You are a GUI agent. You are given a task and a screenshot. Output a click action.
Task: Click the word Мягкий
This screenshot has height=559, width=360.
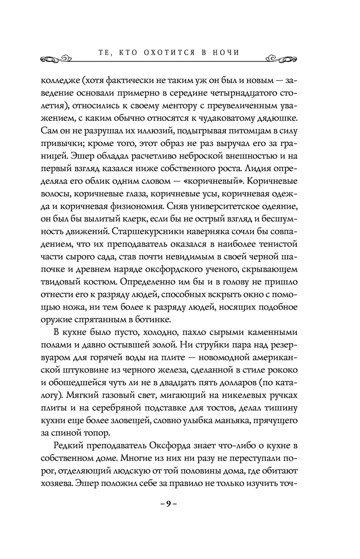point(87,395)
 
